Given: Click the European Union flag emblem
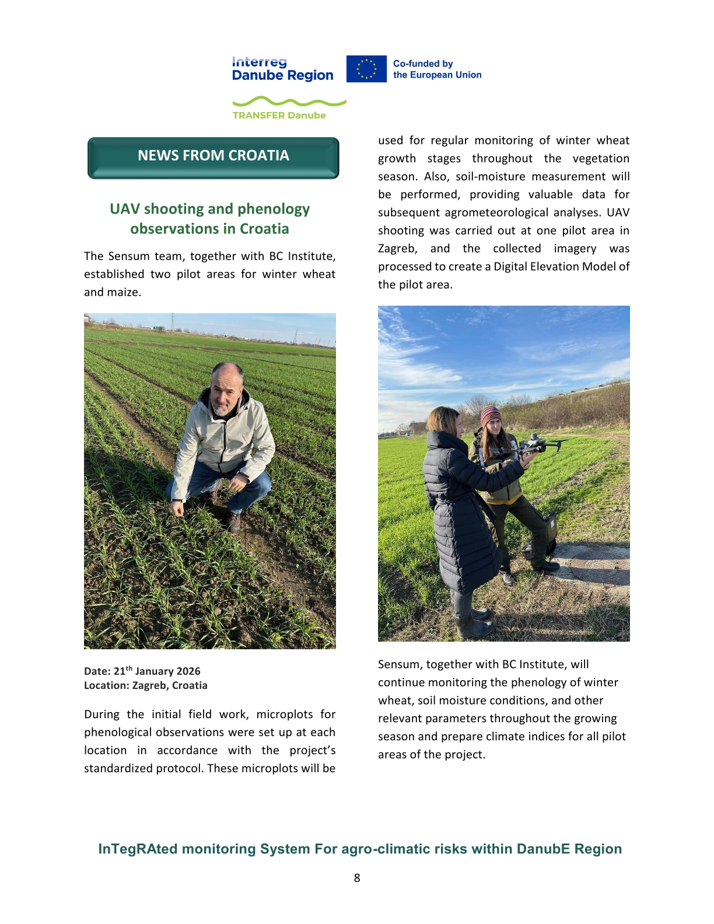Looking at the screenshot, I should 366,69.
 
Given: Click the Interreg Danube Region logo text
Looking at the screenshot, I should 282,69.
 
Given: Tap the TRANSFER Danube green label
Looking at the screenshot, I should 279,116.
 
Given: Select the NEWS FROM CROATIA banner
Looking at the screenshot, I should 213,156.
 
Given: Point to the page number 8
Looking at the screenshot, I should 357,878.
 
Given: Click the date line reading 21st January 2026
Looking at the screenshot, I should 142,671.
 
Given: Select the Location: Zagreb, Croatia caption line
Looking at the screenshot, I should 146,685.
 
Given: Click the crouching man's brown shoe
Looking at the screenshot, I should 233,521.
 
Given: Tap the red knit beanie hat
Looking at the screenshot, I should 490,414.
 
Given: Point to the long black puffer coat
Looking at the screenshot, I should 461,513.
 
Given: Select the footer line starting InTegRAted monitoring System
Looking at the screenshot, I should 360,849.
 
